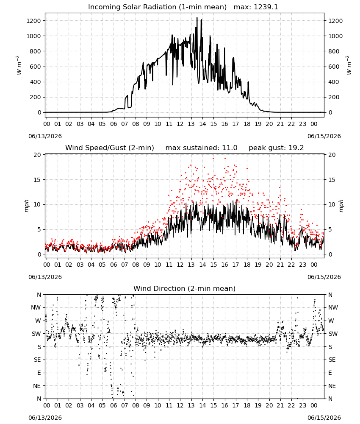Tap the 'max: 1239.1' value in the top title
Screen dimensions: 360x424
[256, 7]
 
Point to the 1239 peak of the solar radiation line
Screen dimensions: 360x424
[197, 18]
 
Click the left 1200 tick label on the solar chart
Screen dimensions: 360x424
[33, 21]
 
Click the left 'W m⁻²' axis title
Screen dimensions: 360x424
[18, 65]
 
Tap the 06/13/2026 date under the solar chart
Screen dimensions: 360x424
[45, 136]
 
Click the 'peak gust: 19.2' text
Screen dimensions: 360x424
[276, 148]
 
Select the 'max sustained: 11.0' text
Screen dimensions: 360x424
[201, 148]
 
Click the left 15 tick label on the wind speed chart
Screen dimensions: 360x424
[37, 180]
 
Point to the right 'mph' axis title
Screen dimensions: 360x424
[341, 206]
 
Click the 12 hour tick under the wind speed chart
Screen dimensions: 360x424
[180, 265]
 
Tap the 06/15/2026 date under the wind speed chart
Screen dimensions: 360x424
[324, 277]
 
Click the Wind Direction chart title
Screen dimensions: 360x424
[185, 288]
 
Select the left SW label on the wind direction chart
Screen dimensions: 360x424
[36, 334]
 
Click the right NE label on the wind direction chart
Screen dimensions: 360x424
[332, 386]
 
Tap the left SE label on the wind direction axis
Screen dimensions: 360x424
[37, 360]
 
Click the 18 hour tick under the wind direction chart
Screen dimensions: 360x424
[247, 405]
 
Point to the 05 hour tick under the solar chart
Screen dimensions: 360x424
[102, 124]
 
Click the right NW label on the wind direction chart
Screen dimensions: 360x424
[333, 307]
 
